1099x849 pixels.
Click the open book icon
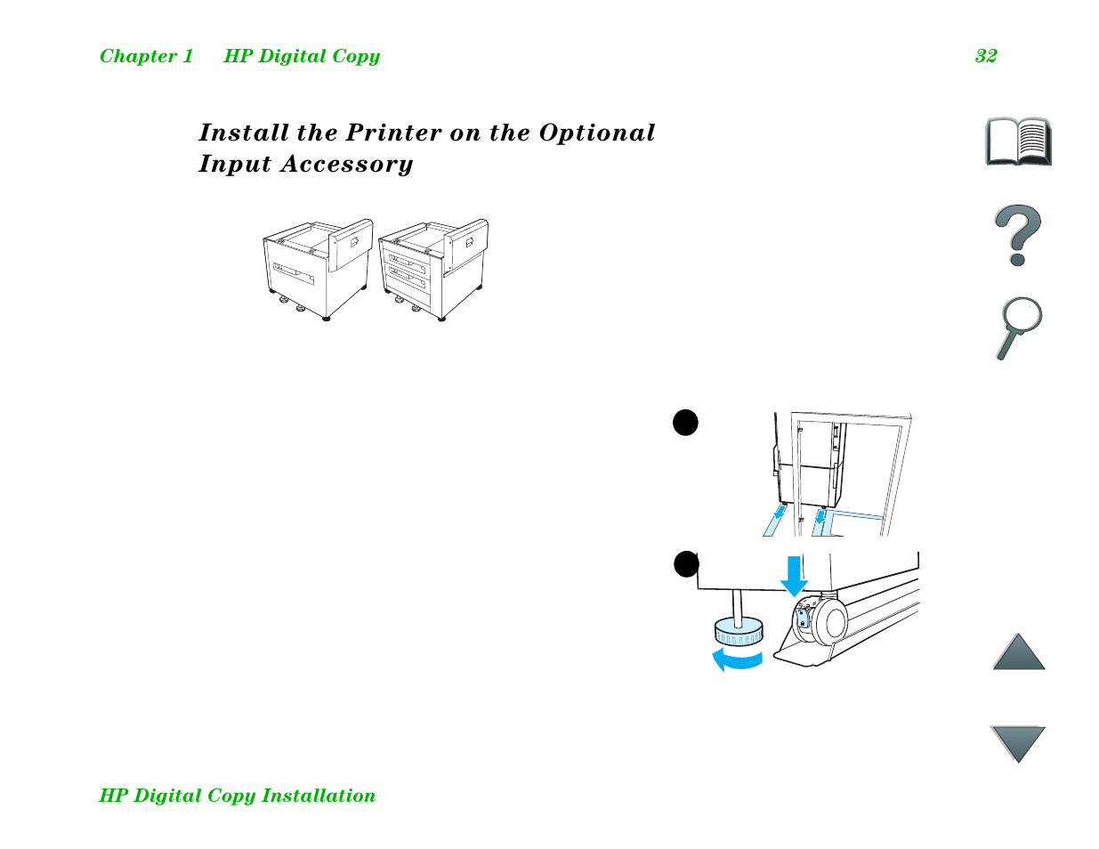[1018, 141]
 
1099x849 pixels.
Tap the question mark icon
[1017, 235]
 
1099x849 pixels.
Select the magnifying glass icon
[1018, 327]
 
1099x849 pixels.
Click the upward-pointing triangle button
[1018, 653]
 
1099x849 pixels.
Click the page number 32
[985, 56]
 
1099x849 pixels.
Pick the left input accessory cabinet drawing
[316, 269]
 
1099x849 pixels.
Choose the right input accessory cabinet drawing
[432, 269]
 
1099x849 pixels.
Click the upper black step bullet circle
[685, 423]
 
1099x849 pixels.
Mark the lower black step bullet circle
[686, 564]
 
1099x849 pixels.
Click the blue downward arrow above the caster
[794, 576]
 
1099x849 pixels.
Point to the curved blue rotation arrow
[737, 659]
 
